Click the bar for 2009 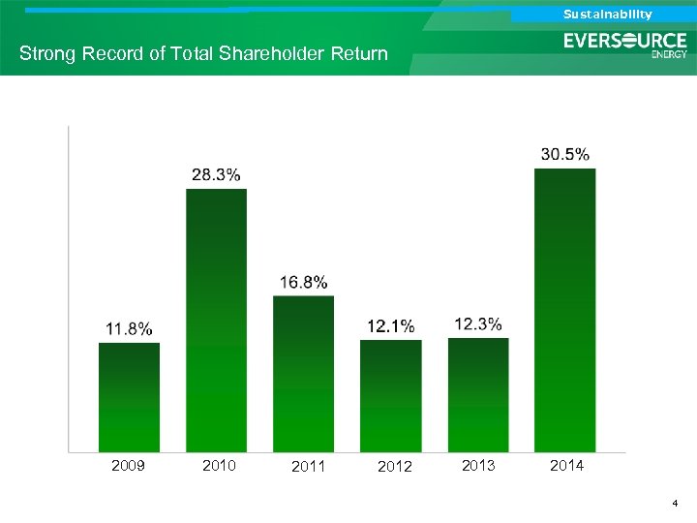[129, 397]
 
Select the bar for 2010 [216, 320]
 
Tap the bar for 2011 [303, 374]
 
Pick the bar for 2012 [390, 395]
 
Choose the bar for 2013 [478, 394]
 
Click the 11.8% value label [129, 328]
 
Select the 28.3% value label [216, 174]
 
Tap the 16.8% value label [303, 282]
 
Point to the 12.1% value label [390, 325]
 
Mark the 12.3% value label [478, 323]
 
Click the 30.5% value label [565, 154]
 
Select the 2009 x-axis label [129, 466]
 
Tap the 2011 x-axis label [307, 467]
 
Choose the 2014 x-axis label [566, 466]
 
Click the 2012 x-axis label [394, 467]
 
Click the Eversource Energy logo [625, 45]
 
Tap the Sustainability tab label [608, 15]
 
